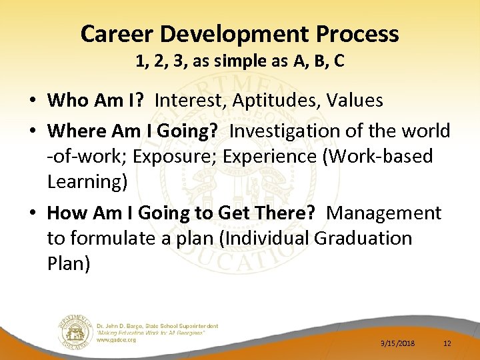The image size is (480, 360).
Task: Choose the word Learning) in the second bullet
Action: tap(87, 181)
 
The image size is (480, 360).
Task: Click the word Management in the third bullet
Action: tap(385, 213)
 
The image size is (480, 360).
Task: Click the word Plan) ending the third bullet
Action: tap(69, 263)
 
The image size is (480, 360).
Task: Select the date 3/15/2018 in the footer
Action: tap(397, 343)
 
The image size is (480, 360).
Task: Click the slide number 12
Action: tap(447, 343)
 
